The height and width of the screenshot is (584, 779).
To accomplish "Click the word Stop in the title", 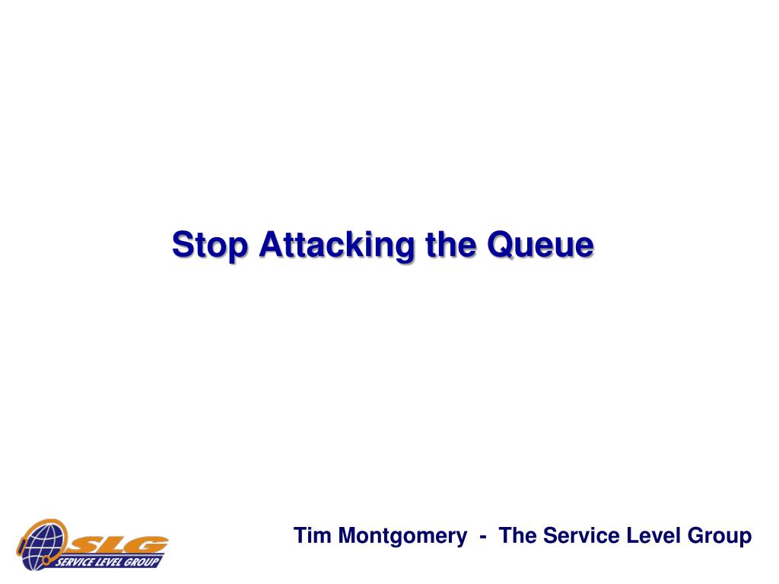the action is (x=209, y=245).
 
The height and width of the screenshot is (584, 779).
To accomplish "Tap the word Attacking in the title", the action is (x=336, y=245).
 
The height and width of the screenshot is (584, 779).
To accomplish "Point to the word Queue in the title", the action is (x=540, y=245).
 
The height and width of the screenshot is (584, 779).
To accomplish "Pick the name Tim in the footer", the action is (x=312, y=536).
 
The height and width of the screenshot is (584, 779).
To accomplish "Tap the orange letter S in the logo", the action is (x=84, y=545).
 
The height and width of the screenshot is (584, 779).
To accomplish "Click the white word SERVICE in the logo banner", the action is (x=75, y=562).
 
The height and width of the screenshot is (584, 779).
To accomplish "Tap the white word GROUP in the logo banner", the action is (x=141, y=562).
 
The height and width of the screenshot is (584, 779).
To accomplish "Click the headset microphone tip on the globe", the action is (x=46, y=560).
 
